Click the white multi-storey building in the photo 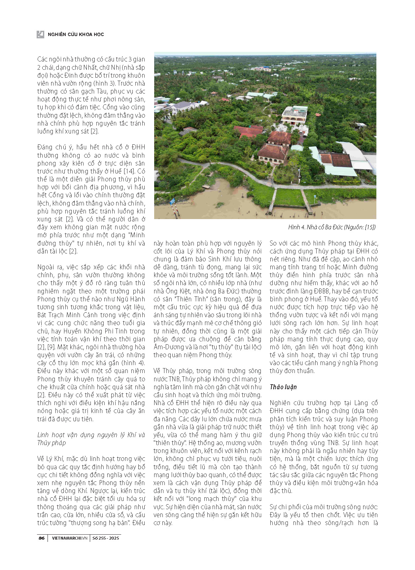(294, 115)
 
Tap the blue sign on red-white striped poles (172, 202)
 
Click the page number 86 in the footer (42, 538)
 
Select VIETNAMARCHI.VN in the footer (70, 538)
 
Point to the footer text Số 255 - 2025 (106, 538)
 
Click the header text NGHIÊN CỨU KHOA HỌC (76, 34)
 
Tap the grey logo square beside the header (40, 34)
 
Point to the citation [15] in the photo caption (370, 227)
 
